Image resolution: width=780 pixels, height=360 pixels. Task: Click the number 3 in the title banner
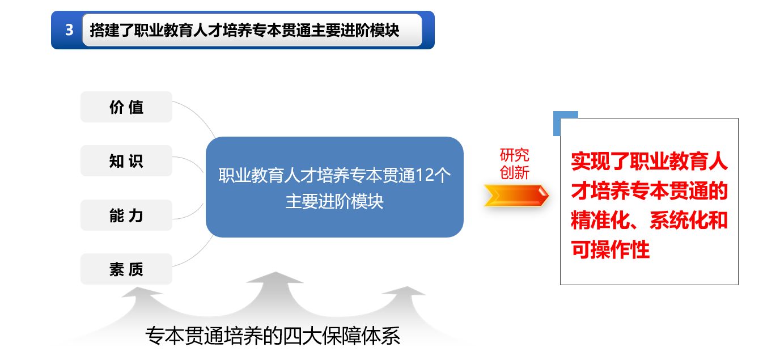pos(69,30)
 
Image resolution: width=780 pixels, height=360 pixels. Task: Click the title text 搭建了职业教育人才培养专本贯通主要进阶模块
pos(244,30)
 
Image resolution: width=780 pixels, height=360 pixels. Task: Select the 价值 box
pos(126,107)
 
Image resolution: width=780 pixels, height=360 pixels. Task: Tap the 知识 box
pos(126,161)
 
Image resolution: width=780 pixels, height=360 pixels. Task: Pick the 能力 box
pos(126,215)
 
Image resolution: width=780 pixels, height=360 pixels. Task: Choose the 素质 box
pos(126,269)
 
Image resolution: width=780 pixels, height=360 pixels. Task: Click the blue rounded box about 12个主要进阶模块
pos(334,187)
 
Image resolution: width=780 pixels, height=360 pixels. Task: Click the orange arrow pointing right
pos(516,196)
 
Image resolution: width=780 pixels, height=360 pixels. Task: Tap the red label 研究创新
pos(515,164)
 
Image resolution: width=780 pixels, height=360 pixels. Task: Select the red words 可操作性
pos(610,249)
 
